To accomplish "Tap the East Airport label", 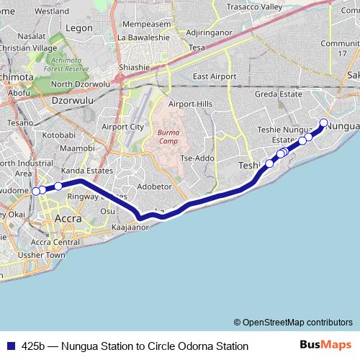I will [x=215, y=76].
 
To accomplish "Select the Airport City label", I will [x=122, y=127].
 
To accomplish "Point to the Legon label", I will [x=79, y=28].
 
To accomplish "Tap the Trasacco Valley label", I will [x=255, y=6].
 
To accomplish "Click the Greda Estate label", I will [x=278, y=94].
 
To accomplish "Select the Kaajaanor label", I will [x=131, y=227].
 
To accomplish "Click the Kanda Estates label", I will [x=87, y=171].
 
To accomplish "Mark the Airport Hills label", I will [x=190, y=104].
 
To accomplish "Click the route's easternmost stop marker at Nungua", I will [x=324, y=122].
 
